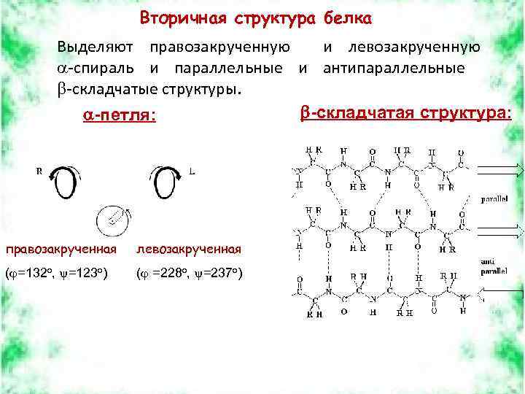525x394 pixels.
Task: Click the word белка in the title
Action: pos(348,17)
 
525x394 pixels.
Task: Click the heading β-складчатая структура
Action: pos(406,113)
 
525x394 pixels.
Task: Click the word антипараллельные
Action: pos(394,69)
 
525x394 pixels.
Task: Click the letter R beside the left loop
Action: pos(39,171)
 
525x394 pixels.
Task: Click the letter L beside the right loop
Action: pos(192,171)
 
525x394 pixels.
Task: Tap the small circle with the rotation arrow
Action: pos(113,217)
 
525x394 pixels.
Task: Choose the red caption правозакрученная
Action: pos(60,250)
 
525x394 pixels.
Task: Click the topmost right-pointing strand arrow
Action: pos(500,171)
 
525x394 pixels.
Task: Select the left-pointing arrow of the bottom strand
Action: pos(500,292)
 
